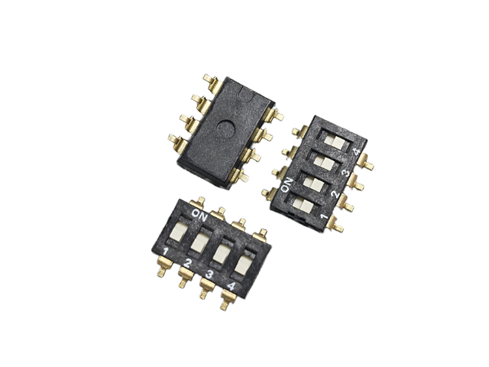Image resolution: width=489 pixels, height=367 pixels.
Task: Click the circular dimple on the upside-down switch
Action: point(226,128)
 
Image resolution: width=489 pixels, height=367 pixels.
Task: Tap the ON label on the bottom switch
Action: point(199,215)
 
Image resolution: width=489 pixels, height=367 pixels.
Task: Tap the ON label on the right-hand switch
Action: point(287,185)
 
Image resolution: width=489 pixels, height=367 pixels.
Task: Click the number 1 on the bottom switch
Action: point(166,252)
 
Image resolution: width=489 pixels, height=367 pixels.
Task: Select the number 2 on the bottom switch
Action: point(187,263)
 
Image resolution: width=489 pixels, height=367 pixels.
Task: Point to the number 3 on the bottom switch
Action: point(209,274)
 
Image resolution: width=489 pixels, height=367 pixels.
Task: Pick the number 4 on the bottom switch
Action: point(231,286)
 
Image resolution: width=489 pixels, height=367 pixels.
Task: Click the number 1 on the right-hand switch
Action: point(324,216)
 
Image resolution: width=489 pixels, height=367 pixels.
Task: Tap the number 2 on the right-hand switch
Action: point(335,194)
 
